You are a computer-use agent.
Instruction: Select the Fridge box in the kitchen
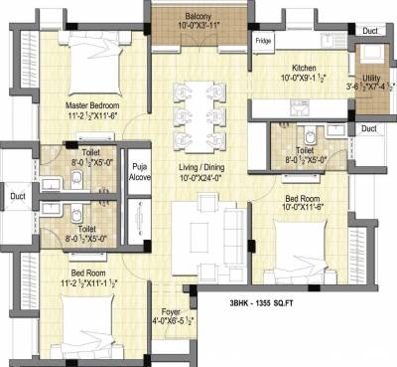point(263,42)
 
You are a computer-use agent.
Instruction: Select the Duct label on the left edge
point(18,196)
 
